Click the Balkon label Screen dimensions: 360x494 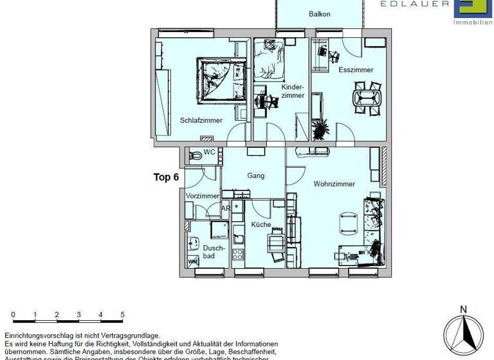(320, 14)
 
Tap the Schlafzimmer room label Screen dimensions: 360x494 (201, 120)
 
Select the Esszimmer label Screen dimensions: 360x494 (355, 70)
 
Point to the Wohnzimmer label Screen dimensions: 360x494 (334, 184)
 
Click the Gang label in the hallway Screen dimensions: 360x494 (256, 175)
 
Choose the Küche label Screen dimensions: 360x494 (261, 225)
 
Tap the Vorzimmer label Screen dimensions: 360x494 (202, 196)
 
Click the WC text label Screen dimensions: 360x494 (209, 153)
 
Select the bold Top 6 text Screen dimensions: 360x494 (166, 177)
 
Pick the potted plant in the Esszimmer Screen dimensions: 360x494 (320, 129)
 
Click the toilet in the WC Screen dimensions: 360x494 (194, 154)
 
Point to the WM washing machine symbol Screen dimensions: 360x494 (192, 262)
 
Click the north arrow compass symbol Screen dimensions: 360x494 (462, 331)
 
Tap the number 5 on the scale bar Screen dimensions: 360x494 (122, 314)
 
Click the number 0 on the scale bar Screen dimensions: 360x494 (14, 314)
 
